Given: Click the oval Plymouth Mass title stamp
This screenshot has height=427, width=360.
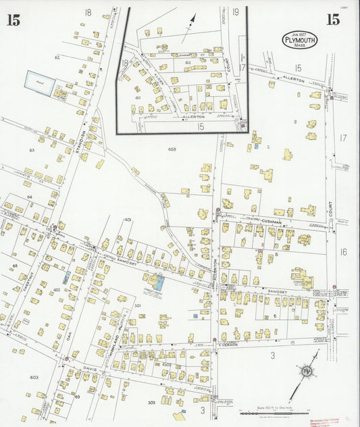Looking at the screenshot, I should click(x=298, y=39).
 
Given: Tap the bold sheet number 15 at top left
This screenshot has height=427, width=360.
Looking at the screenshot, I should click(x=14, y=20).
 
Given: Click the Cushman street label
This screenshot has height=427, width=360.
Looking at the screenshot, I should click(x=272, y=222).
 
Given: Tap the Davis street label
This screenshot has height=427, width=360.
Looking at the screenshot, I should click(x=91, y=368).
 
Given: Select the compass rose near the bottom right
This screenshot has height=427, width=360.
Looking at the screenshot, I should click(x=308, y=370).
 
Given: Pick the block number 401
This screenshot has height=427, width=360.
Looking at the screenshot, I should click(x=128, y=220).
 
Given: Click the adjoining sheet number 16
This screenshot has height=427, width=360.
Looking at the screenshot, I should click(x=343, y=252).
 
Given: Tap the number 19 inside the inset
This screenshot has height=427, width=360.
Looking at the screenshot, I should click(x=235, y=12).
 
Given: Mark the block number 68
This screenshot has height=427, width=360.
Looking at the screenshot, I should click(x=14, y=266).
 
